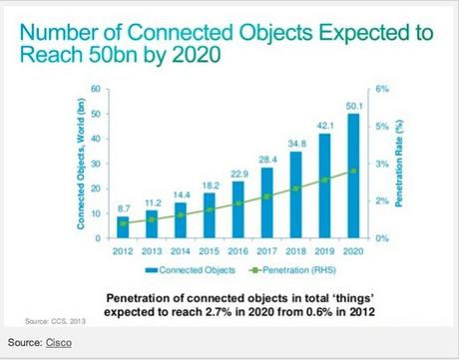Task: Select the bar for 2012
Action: pos(123,227)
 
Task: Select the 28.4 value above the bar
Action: pos(265,160)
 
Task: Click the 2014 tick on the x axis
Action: pos(180,250)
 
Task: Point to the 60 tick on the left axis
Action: pos(95,90)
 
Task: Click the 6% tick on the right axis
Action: pos(380,90)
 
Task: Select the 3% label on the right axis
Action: pos(380,164)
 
